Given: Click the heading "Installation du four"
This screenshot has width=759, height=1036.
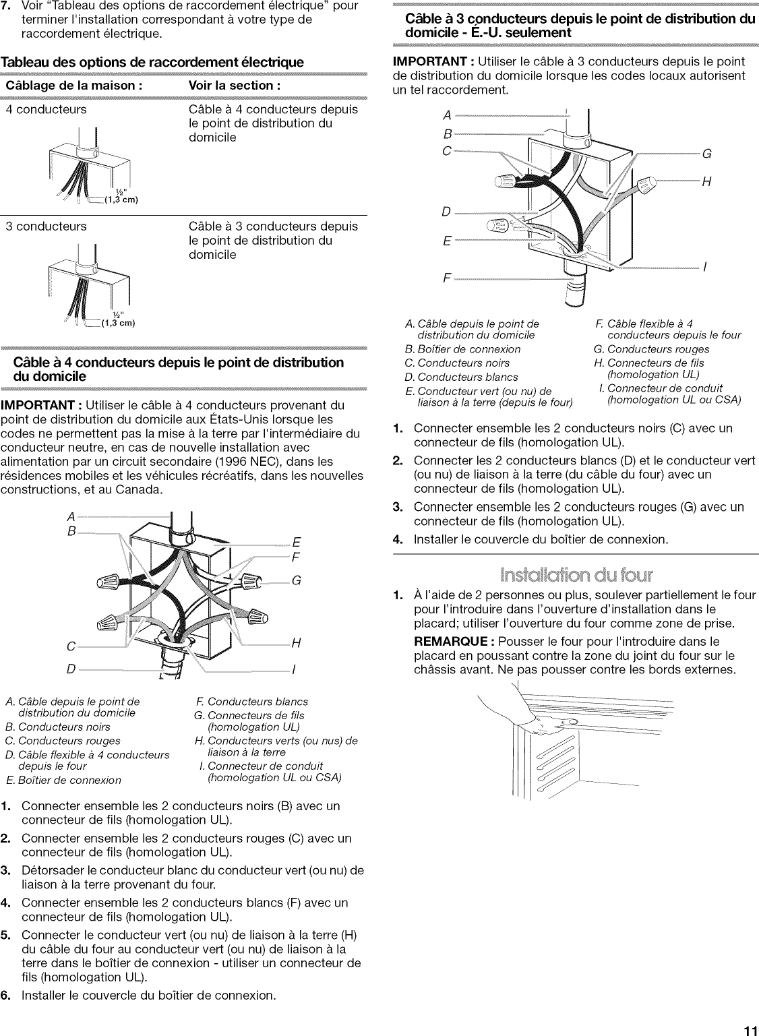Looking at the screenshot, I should point(575,574).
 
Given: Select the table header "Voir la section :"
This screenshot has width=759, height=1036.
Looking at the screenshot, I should point(235,86).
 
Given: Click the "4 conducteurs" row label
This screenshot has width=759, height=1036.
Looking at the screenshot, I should point(46,109).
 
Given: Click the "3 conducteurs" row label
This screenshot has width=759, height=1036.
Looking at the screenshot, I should point(46,226).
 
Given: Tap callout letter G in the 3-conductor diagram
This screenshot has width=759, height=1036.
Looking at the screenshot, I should point(706,154).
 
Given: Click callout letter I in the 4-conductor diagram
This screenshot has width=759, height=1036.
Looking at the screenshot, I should point(294,671).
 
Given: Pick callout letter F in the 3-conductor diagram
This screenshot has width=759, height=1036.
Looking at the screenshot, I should point(446,278).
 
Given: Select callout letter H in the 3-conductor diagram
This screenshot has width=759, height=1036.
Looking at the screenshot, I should point(706,182).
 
